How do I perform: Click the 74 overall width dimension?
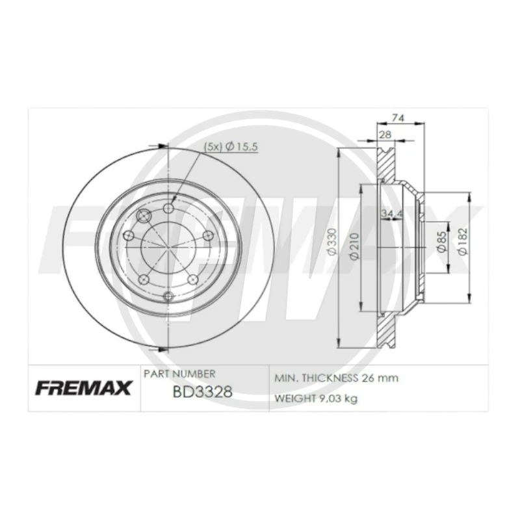point(400,118)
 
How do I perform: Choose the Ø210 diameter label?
point(354,247)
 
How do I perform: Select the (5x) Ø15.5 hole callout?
point(231,148)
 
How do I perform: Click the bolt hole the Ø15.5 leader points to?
point(169,209)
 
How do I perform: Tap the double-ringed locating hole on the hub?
point(144,216)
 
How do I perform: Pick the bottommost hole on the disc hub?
point(169,296)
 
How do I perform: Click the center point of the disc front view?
point(169,252)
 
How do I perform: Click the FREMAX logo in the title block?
point(82,388)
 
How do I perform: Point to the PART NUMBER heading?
point(179,374)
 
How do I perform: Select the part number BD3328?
point(193,393)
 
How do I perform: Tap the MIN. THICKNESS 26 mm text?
point(336,378)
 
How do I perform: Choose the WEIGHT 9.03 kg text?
point(316,398)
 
